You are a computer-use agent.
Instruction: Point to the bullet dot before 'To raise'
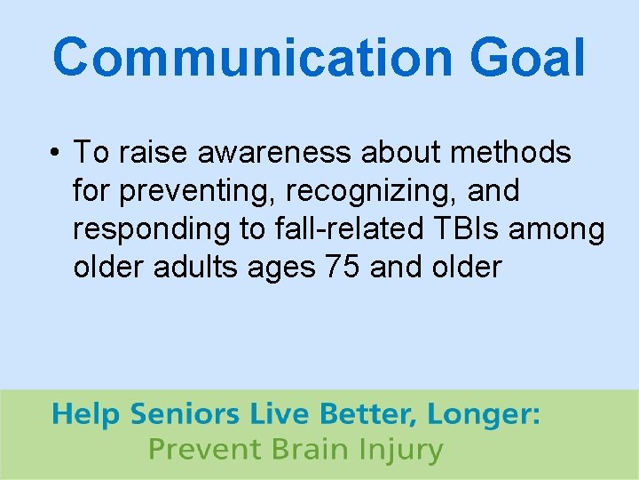(55, 154)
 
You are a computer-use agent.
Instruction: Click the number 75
(342, 267)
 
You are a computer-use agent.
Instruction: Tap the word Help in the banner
(86, 416)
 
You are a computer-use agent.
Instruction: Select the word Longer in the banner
(483, 416)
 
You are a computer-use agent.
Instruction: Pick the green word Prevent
(202, 450)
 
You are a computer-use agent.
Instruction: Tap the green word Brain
(304, 450)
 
